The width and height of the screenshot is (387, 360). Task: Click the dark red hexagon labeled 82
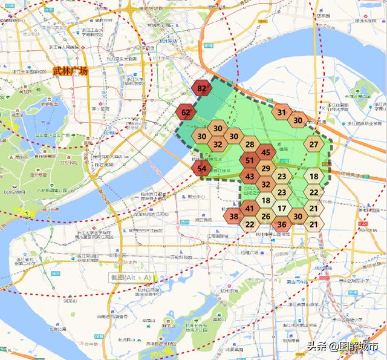pyautogui.click(x=202, y=89)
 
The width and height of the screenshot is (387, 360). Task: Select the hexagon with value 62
pyautogui.click(x=186, y=113)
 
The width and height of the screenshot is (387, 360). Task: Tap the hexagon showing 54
pyautogui.click(x=203, y=169)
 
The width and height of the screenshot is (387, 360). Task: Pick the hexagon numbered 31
pyautogui.click(x=282, y=113)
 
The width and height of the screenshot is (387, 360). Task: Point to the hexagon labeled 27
pyautogui.click(x=314, y=145)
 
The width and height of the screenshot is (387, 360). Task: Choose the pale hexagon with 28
pyautogui.click(x=250, y=145)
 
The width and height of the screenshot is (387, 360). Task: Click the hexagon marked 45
pyautogui.click(x=266, y=153)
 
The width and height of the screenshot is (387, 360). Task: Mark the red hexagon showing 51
pyautogui.click(x=250, y=161)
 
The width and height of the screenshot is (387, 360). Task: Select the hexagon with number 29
pyautogui.click(x=266, y=169)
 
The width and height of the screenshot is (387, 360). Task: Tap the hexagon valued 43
pyautogui.click(x=250, y=177)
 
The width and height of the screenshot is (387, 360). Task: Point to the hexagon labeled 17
pyautogui.click(x=282, y=209)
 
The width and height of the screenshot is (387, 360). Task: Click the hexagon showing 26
pyautogui.click(x=266, y=217)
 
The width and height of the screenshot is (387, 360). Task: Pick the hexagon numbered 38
pyautogui.click(x=234, y=217)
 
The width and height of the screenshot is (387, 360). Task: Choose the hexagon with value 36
pyautogui.click(x=282, y=224)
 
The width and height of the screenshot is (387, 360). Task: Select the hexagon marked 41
pyautogui.click(x=250, y=209)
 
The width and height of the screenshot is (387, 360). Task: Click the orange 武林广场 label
pyautogui.click(x=70, y=71)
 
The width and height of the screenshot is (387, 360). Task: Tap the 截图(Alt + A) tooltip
pyautogui.click(x=131, y=277)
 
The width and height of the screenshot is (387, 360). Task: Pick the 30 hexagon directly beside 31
pyautogui.click(x=298, y=120)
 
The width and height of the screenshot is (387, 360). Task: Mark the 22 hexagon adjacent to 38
pyautogui.click(x=250, y=224)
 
